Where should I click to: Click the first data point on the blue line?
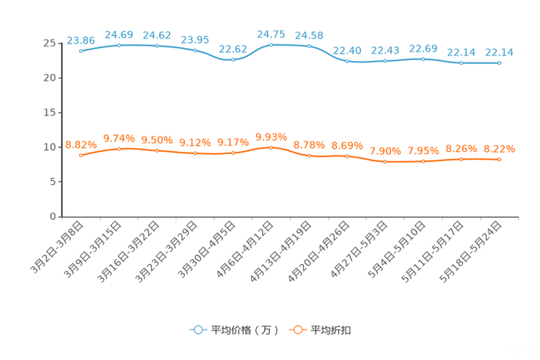pyautogui.click(x=81, y=52)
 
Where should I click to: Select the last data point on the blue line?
pyautogui.click(x=499, y=63)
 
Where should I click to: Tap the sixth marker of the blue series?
pyautogui.click(x=271, y=45)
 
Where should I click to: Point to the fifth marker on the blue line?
pyautogui.click(x=233, y=60)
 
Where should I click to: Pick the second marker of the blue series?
pyautogui.click(x=119, y=45)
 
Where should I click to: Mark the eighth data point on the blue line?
pyautogui.click(x=347, y=62)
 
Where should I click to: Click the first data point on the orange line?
pyautogui.click(x=81, y=155)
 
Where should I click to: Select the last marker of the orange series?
pyautogui.click(x=499, y=159)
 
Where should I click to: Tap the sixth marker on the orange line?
pyautogui.click(x=271, y=147)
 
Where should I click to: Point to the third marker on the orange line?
pyautogui.click(x=157, y=150)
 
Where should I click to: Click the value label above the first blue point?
pyautogui.click(x=81, y=39)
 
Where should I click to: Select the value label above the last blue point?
pyautogui.click(x=499, y=52)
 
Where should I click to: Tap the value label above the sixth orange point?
pyautogui.click(x=271, y=136)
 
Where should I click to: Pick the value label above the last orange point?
pyautogui.click(x=499, y=149)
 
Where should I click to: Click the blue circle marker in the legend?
pyautogui.click(x=197, y=330)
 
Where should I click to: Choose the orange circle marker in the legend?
pyautogui.click(x=297, y=330)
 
